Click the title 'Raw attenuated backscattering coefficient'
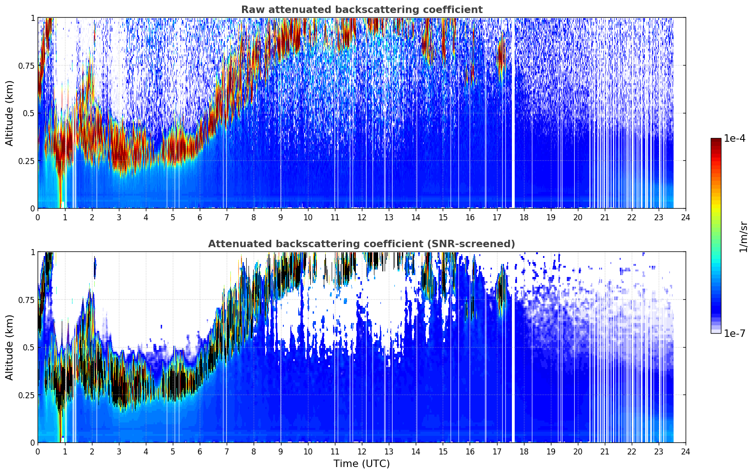(x=362, y=9)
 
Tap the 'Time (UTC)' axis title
(x=362, y=464)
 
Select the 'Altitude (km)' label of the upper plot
(x=9, y=113)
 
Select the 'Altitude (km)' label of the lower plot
(x=9, y=348)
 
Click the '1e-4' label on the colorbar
(x=735, y=138)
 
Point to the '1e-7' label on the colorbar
(x=735, y=333)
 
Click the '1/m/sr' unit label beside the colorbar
(x=743, y=237)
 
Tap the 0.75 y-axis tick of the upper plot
(x=26, y=66)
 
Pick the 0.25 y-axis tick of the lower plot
(x=26, y=395)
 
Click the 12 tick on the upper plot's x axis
(x=362, y=217)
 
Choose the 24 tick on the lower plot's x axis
(x=686, y=452)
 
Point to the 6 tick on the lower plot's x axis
(x=200, y=452)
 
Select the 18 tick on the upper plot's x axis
(x=524, y=217)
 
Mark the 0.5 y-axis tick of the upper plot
(x=29, y=113)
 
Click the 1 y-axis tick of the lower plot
(x=33, y=252)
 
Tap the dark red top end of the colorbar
(x=716, y=140)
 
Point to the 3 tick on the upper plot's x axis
(x=118, y=217)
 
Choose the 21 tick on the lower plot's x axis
(x=605, y=452)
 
